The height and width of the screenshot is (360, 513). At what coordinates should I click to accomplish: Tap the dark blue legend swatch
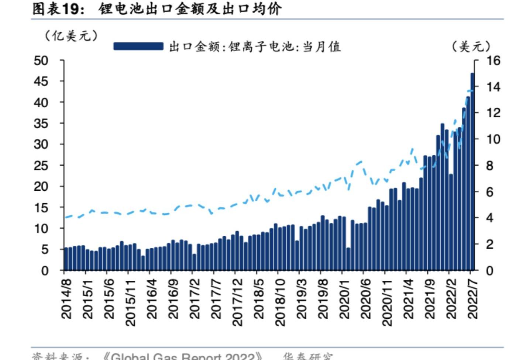click(138, 46)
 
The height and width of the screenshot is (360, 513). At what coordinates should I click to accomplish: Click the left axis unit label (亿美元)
click(71, 36)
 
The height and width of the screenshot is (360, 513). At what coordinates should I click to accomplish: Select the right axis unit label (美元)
click(471, 46)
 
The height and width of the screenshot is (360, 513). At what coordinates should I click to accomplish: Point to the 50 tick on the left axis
click(41, 60)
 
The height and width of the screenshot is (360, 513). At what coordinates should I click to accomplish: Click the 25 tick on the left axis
click(41, 166)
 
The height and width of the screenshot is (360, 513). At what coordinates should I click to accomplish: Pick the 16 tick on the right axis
click(493, 60)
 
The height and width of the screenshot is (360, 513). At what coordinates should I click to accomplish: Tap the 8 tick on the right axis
click(489, 166)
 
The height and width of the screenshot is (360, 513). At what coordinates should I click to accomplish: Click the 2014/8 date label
click(66, 299)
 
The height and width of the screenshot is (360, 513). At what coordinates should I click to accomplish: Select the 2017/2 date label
click(194, 299)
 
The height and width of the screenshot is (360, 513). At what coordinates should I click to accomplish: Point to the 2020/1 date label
click(344, 299)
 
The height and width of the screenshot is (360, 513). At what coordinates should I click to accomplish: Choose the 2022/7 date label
click(473, 299)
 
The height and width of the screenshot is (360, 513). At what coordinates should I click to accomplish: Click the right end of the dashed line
click(472, 90)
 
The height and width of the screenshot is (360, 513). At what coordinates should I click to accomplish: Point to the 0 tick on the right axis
click(489, 271)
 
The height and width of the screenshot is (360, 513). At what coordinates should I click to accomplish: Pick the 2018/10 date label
click(280, 302)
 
